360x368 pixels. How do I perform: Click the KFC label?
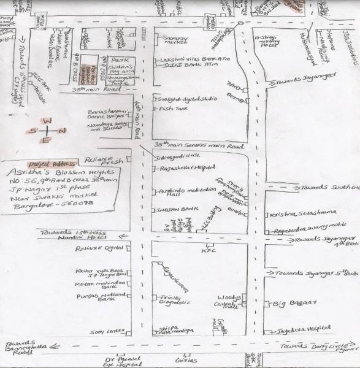point(205,250)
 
